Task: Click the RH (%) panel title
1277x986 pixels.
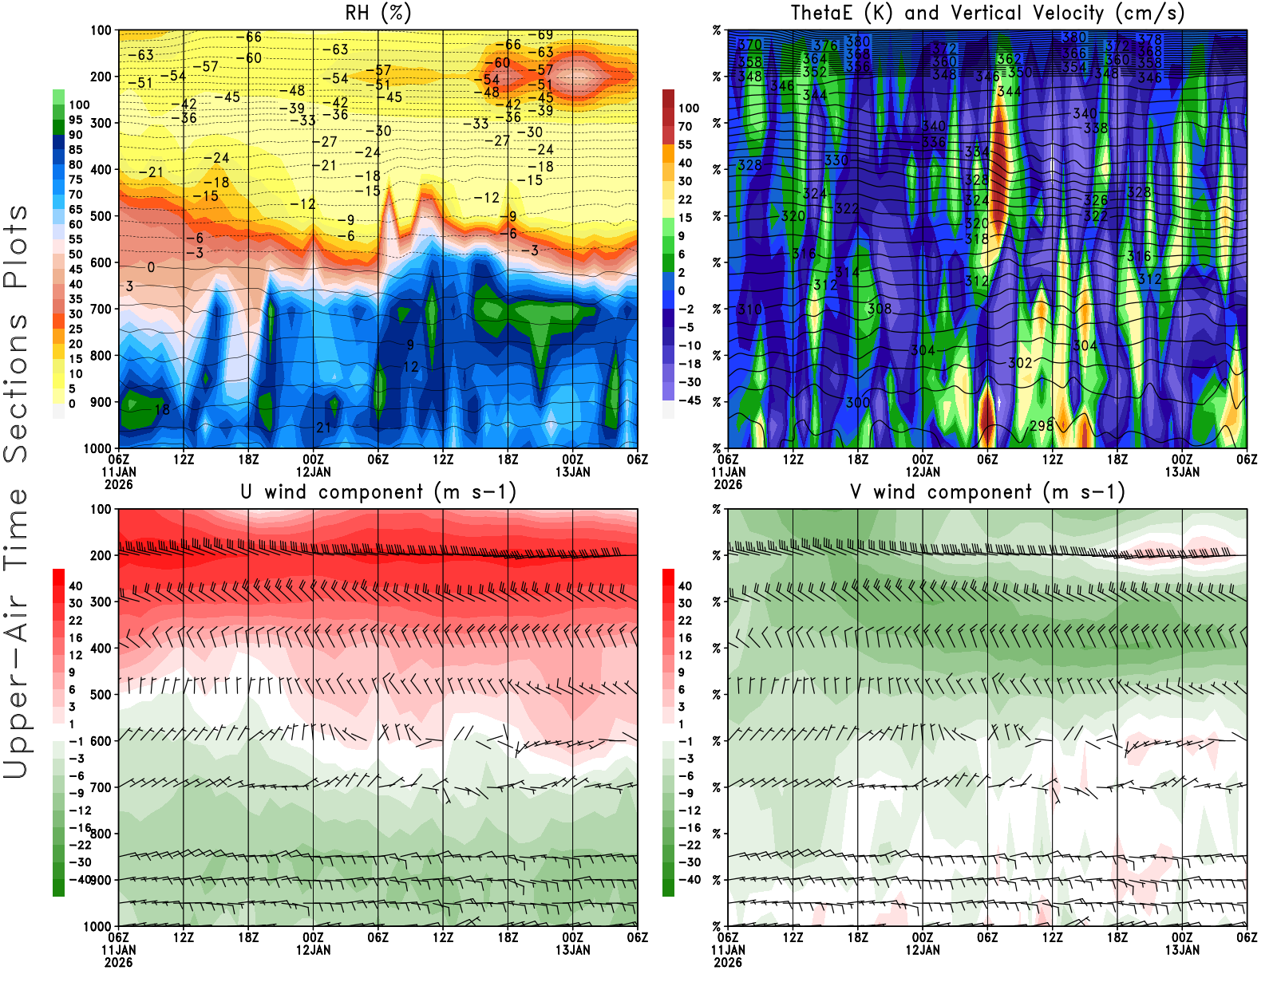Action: click(x=378, y=13)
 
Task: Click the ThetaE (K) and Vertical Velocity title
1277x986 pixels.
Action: click(x=987, y=13)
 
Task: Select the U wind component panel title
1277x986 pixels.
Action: click(x=378, y=491)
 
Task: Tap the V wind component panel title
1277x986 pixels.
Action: click(x=987, y=491)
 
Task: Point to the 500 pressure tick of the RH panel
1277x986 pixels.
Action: click(x=101, y=216)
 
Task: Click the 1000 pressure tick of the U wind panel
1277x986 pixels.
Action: click(x=98, y=926)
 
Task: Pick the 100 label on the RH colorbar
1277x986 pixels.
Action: click(x=79, y=105)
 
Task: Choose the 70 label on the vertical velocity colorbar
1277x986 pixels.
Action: click(x=685, y=126)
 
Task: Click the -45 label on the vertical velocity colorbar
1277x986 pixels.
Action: click(x=689, y=400)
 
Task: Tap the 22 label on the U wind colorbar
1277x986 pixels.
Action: click(x=76, y=621)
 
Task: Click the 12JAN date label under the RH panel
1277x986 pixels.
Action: click(x=313, y=471)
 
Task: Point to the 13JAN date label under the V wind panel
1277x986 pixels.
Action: click(x=1182, y=950)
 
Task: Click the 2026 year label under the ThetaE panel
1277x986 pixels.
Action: click(x=728, y=484)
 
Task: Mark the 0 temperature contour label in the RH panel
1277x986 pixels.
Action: click(x=151, y=267)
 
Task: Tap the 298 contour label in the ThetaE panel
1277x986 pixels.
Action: click(x=1042, y=426)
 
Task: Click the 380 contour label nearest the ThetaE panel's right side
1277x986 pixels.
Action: click(x=1074, y=37)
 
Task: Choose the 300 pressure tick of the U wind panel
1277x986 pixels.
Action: click(x=101, y=601)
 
